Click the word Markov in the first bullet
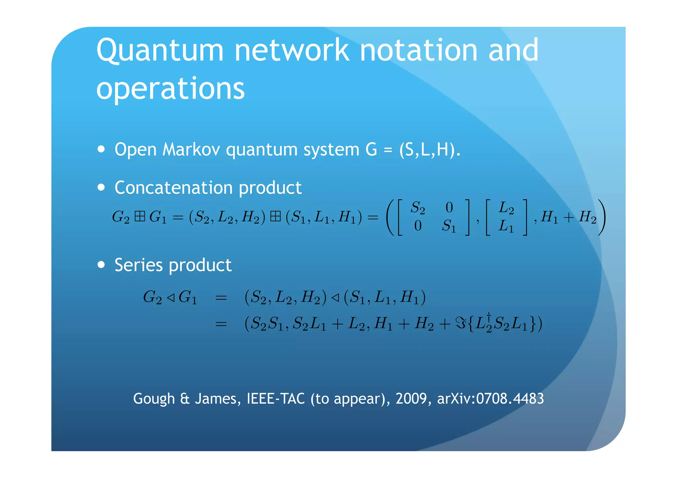191,150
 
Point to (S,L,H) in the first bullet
429,150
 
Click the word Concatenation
174,188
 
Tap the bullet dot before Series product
101,265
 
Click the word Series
139,265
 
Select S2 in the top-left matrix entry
418,208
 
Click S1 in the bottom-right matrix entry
449,226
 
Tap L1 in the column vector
506,226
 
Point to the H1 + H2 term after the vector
569,217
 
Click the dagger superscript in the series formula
489,316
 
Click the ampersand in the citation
185,399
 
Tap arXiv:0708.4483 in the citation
490,399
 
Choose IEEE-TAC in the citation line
276,399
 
